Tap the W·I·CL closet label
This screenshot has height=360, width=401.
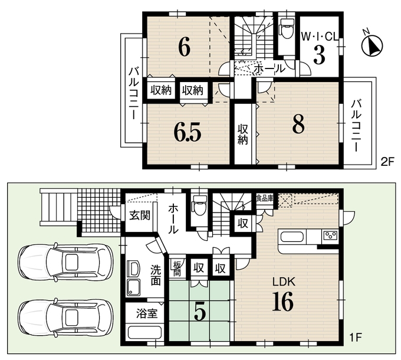(320, 37)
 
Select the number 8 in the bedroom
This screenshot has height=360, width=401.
(298, 124)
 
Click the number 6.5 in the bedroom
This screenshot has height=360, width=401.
(187, 132)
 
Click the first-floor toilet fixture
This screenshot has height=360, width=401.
(200, 205)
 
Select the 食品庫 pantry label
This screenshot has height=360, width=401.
(265, 198)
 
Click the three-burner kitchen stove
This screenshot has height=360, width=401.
(330, 235)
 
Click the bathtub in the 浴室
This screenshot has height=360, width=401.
(144, 333)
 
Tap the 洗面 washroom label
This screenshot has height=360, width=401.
(156, 275)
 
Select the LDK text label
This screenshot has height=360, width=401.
(284, 282)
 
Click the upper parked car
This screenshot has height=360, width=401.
(65, 262)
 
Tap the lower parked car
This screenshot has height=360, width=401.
(65, 318)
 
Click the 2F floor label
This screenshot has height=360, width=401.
(387, 162)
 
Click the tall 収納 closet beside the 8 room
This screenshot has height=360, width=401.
(243, 133)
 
